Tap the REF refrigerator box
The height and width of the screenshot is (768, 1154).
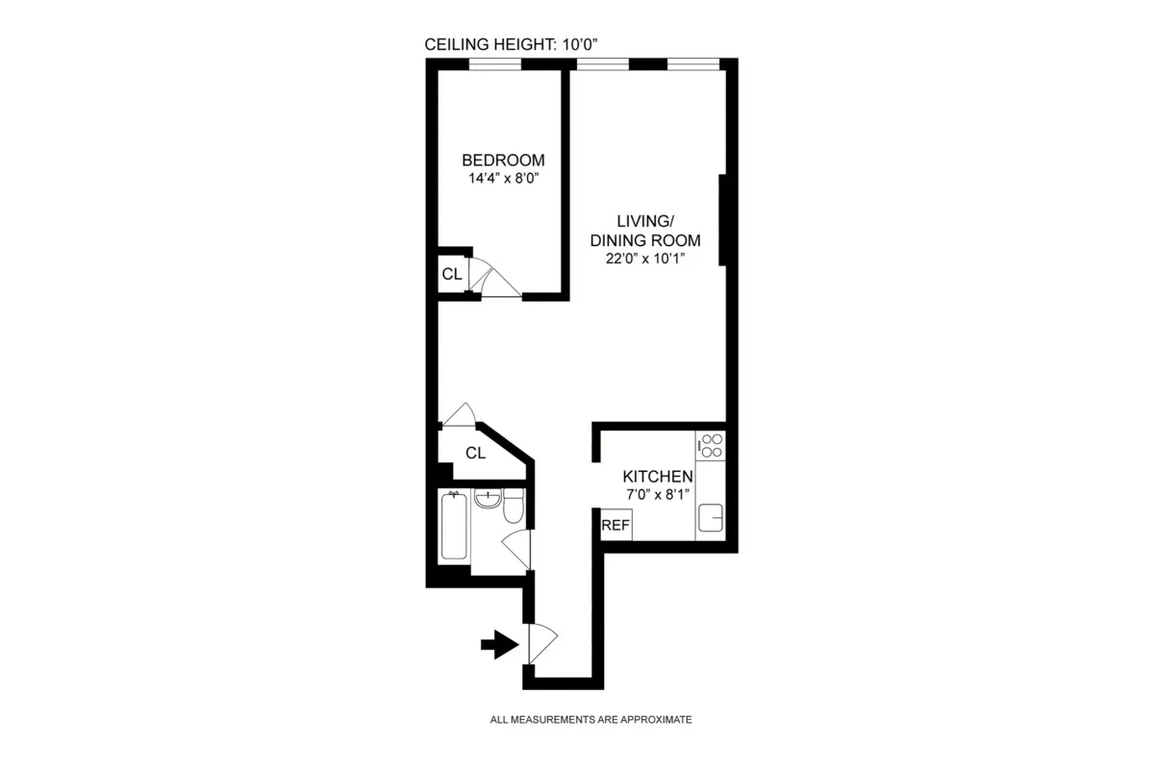[615, 526]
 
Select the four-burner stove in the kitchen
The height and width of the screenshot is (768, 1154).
[712, 445]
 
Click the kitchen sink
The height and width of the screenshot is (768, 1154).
[712, 517]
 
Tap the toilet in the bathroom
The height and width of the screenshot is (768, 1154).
[514, 507]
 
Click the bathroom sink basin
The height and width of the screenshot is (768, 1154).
[489, 500]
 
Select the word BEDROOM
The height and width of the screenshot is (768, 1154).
[503, 161]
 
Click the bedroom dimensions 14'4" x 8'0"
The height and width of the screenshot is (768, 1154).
[503, 178]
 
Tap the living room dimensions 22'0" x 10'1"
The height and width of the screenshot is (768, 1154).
[643, 258]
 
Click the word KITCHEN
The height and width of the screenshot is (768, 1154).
[658, 477]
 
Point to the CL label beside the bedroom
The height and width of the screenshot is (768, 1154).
[452, 274]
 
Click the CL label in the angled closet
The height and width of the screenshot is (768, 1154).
[475, 453]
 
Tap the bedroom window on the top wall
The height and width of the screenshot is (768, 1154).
[495, 65]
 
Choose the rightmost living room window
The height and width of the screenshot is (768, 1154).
[693, 65]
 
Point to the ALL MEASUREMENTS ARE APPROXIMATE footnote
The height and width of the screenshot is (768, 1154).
[590, 719]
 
